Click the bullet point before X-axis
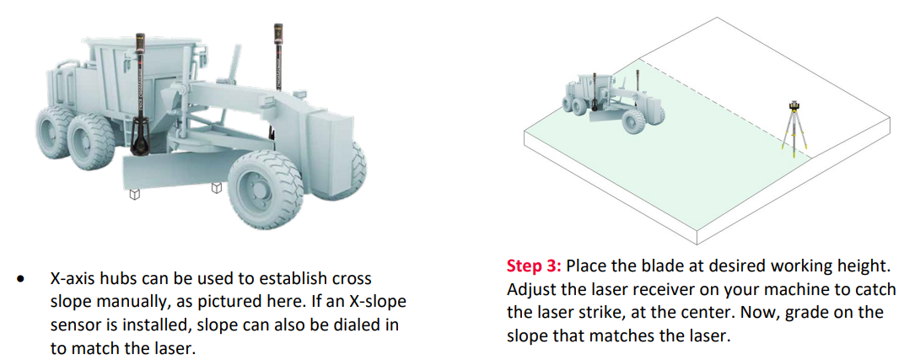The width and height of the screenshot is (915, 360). (22, 279)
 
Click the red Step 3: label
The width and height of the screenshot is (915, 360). (533, 266)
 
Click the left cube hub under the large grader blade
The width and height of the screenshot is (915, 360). (134, 194)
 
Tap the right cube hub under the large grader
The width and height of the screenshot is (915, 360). (217, 188)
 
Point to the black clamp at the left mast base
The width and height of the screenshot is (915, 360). (140, 138)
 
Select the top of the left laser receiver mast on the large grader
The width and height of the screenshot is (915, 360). (140, 36)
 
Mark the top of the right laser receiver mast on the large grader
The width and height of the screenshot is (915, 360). (277, 25)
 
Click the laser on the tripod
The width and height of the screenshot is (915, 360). (794, 105)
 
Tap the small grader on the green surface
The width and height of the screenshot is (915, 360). (613, 102)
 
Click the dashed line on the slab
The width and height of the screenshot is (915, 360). (726, 108)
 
